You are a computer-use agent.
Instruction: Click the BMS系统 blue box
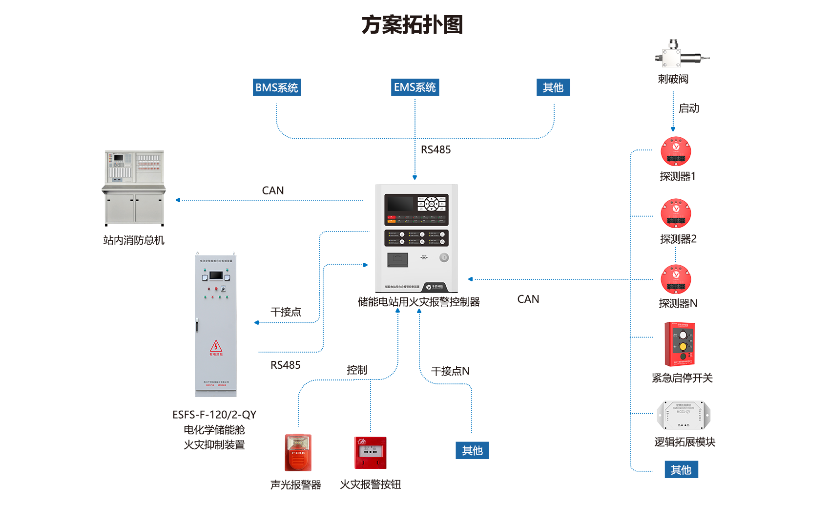276,87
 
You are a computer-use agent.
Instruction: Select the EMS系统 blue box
415,87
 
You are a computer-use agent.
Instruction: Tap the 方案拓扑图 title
412,25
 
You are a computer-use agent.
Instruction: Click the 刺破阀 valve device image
679,55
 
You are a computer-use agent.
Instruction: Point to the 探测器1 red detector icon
676,151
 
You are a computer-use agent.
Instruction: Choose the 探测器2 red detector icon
676,213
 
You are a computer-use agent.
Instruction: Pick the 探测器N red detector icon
676,279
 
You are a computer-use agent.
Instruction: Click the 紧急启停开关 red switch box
680,344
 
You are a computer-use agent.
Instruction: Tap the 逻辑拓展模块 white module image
683,416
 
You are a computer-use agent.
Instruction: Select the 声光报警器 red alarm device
298,452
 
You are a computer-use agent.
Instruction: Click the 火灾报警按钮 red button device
370,453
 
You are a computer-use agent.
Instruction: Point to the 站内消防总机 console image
134,188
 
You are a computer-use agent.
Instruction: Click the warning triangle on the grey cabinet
216,346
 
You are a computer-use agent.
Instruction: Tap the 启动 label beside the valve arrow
689,108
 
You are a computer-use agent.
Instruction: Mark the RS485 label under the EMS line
436,150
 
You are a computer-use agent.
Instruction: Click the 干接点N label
450,371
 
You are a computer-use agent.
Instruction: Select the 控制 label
356,370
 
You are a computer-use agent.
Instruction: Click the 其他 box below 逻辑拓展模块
681,470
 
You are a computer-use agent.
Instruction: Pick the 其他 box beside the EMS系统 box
553,87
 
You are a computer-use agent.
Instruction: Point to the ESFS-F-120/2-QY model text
214,415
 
